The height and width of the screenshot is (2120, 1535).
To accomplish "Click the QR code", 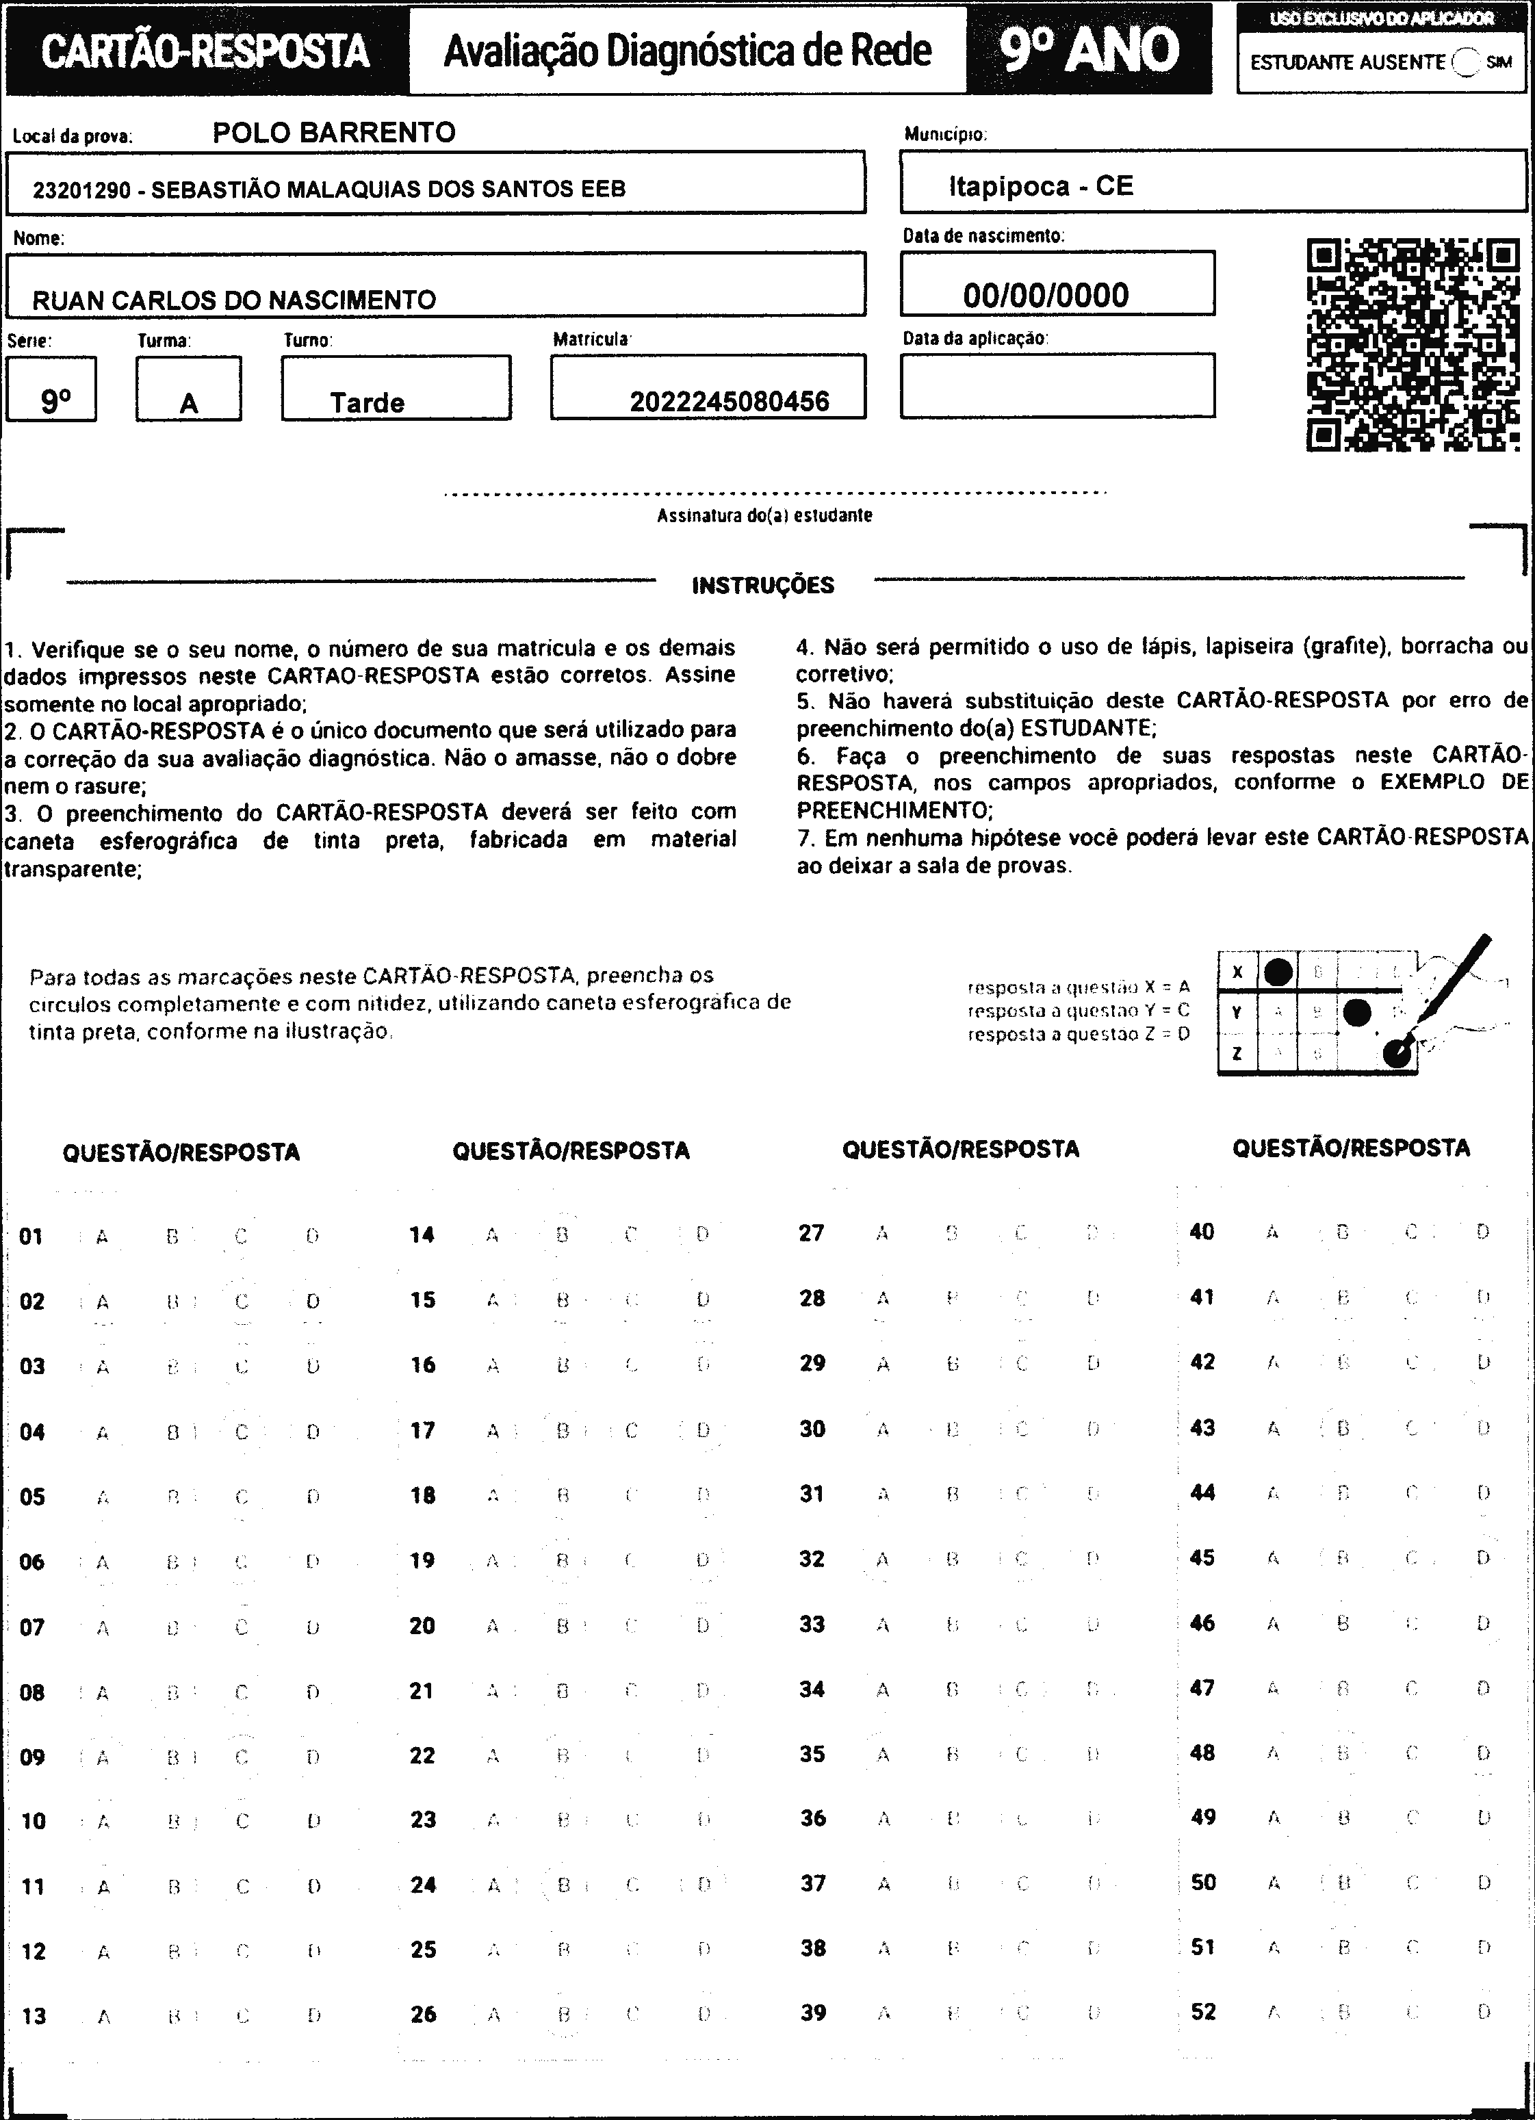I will (x=1412, y=345).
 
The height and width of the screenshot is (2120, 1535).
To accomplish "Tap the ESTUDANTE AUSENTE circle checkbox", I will (x=1466, y=63).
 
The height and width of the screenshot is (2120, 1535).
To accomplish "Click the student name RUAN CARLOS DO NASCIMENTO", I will (x=234, y=300).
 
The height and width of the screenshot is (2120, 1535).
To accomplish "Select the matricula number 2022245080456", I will (x=729, y=402).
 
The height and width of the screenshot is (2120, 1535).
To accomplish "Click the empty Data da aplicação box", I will (x=1057, y=385).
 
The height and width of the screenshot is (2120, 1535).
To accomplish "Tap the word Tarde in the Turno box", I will (x=367, y=403).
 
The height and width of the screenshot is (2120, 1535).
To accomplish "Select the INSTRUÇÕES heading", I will (x=763, y=586).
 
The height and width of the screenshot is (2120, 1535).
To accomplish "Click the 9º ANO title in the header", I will (x=1089, y=49).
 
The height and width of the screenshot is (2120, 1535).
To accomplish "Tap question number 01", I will (x=31, y=1237).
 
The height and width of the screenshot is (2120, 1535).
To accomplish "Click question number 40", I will (x=1201, y=1232).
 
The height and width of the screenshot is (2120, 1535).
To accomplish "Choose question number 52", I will (x=1203, y=2011).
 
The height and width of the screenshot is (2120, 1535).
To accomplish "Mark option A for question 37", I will (x=883, y=1883).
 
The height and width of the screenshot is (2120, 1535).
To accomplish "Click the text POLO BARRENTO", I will (x=334, y=133).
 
